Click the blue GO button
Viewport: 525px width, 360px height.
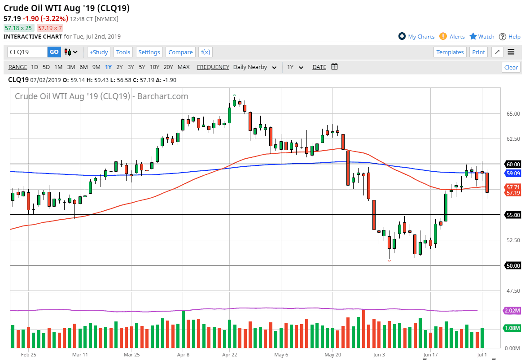(x=54, y=52)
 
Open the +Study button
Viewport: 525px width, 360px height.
(x=98, y=52)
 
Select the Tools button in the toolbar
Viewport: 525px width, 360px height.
(x=123, y=52)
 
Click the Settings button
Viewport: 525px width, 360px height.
(x=149, y=52)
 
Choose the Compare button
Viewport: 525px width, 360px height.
(x=180, y=52)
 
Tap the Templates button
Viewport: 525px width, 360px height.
(x=450, y=52)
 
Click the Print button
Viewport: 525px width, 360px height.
(x=478, y=52)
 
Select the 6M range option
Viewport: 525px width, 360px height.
(x=83, y=67)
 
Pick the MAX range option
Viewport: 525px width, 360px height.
(x=184, y=67)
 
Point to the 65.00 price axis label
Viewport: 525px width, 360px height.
(x=513, y=114)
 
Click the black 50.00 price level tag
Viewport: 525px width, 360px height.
(x=513, y=265)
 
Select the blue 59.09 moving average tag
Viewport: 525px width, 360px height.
(x=513, y=173)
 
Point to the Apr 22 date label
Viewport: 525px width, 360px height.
(x=229, y=355)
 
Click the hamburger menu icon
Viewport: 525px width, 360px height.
(x=511, y=52)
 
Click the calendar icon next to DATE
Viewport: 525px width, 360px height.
(x=334, y=67)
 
